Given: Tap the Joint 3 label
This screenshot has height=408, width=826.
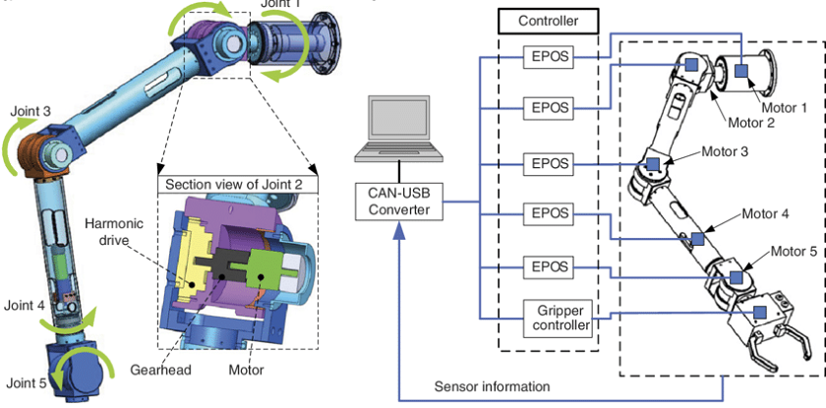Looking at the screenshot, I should (31, 112).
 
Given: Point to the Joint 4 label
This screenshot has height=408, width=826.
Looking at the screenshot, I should (27, 307).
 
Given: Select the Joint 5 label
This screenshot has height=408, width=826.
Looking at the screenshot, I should (27, 381).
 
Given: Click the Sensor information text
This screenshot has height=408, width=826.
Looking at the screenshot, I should (492, 385).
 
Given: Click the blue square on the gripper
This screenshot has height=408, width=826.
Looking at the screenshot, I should (758, 313).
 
